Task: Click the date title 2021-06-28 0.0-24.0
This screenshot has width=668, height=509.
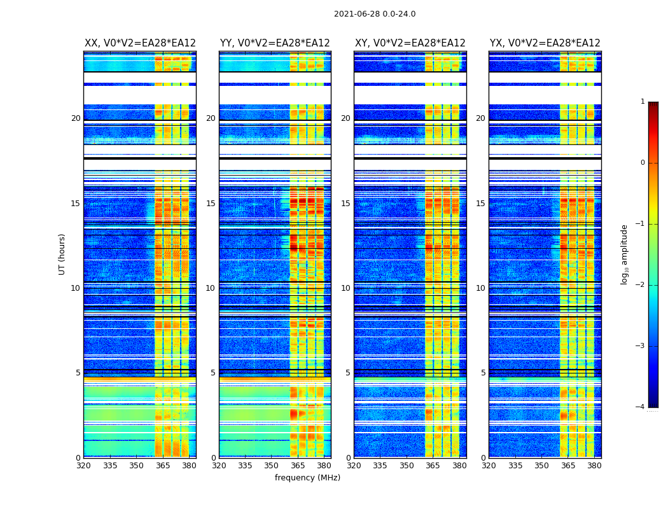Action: click(375, 14)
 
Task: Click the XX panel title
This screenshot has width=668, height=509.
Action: click(140, 43)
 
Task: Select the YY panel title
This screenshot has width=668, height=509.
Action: click(275, 43)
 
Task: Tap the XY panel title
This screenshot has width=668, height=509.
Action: click(410, 43)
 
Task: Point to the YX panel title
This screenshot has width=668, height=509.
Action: click(545, 43)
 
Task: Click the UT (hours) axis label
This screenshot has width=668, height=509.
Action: click(62, 254)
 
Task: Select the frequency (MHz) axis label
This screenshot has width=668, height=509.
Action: click(307, 478)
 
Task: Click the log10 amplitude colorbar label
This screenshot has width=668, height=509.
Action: click(625, 254)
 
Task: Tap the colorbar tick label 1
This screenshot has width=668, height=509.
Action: click(643, 102)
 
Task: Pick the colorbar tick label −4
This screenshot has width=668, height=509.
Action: click(641, 407)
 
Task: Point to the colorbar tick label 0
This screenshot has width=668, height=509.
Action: click(643, 163)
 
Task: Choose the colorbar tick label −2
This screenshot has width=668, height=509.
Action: click(641, 285)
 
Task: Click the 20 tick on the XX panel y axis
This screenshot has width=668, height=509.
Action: click(76, 118)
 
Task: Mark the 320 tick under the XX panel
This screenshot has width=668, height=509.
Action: click(84, 466)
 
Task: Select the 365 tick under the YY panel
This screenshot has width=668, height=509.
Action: click(298, 466)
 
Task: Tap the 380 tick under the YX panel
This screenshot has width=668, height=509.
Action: click(594, 466)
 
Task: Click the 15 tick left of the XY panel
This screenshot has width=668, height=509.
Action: click(345, 204)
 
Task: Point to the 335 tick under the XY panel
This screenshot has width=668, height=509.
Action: click(380, 466)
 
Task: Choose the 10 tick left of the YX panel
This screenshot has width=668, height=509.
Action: click(480, 288)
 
